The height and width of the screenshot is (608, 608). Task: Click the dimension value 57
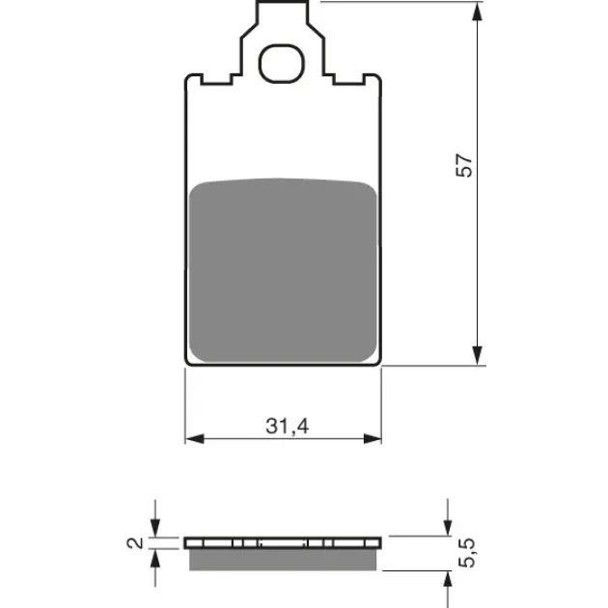464,166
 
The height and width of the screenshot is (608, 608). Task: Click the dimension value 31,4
288,427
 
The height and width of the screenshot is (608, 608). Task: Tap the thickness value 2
135,542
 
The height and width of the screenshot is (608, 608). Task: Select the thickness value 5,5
466,553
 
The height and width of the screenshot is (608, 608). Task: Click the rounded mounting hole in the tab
282,64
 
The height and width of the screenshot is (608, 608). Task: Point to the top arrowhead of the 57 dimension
478,12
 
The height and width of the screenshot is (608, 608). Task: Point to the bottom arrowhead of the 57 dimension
478,355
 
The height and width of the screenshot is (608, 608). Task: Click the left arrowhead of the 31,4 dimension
195,439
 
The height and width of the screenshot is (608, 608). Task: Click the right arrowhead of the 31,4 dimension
373,439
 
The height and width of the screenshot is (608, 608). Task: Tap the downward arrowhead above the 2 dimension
155,528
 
